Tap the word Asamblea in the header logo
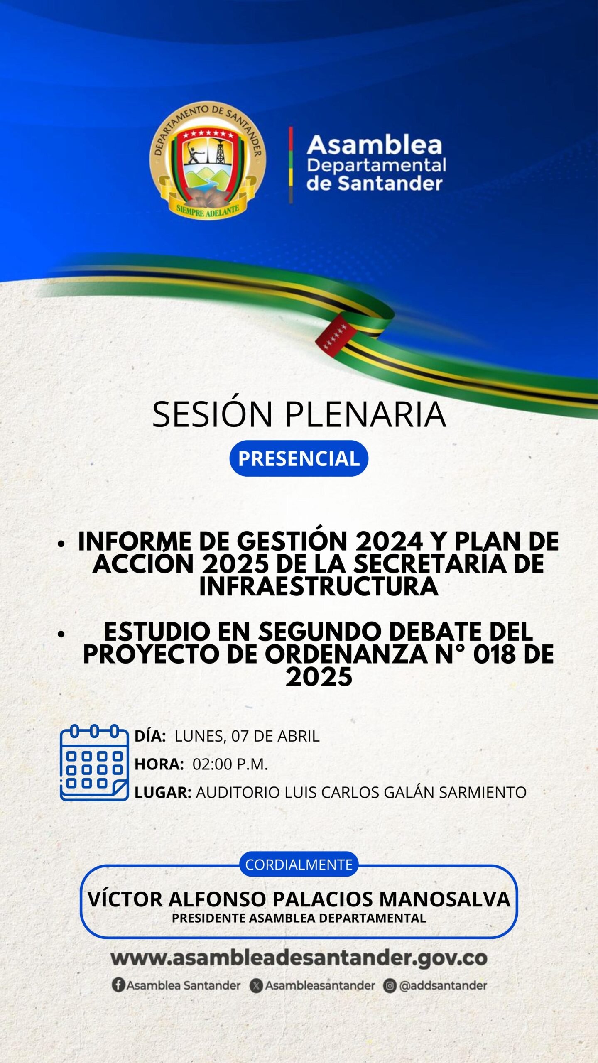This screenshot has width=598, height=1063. (x=375, y=145)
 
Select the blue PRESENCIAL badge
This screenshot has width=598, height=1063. (x=299, y=458)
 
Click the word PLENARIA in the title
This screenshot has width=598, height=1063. (x=365, y=414)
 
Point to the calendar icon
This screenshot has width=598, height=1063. (x=94, y=762)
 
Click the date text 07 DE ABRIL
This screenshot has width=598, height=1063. (x=275, y=736)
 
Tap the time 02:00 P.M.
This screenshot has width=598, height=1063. (x=230, y=764)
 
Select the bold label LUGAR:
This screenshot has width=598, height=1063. (x=163, y=792)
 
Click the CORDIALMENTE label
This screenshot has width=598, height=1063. (x=299, y=865)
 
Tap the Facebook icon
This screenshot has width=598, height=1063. (x=118, y=985)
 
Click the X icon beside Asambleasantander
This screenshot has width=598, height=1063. (x=256, y=986)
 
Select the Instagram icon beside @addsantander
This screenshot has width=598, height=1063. (x=390, y=986)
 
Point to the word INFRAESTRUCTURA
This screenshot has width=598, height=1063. (x=319, y=586)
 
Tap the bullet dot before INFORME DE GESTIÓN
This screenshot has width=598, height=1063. (x=61, y=544)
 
